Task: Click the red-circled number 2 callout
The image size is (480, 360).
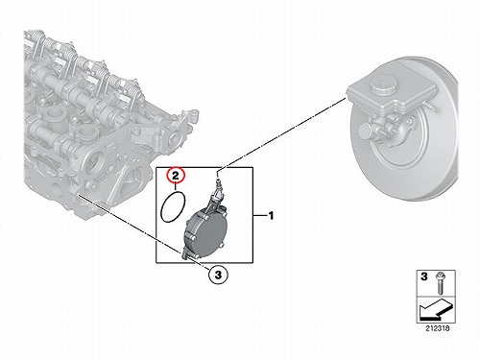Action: click(176, 175)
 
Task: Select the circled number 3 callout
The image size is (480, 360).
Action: click(218, 275)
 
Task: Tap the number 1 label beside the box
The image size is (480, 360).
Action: click(271, 216)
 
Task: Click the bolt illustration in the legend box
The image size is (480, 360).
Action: click(439, 283)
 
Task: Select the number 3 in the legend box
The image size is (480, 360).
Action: click(424, 276)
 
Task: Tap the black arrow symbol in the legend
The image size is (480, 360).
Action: click(435, 309)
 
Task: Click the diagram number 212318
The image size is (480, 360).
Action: click(438, 328)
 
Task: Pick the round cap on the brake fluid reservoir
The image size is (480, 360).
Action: click(384, 84)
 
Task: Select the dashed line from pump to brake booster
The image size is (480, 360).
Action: click(282, 133)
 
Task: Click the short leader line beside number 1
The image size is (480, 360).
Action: click(260, 216)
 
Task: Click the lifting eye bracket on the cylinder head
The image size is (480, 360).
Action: click(189, 117)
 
